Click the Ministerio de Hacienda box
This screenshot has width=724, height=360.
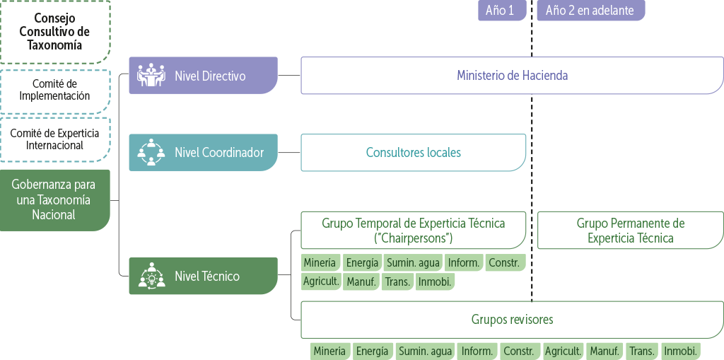[x=512, y=75]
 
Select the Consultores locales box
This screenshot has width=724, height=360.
[x=413, y=152]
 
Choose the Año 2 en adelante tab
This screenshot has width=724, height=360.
[x=590, y=11]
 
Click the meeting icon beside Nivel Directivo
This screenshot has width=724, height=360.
[x=151, y=75]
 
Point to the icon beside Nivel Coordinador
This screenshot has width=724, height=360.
[x=151, y=152]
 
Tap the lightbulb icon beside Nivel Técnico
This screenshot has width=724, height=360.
[x=151, y=276]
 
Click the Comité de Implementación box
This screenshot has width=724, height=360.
[x=54, y=90]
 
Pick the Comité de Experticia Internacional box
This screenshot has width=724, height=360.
[x=54, y=139]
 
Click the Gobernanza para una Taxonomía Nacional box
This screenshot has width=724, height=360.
[x=54, y=199]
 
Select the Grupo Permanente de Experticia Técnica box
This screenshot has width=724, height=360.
[x=630, y=231]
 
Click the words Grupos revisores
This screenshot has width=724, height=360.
[x=512, y=320]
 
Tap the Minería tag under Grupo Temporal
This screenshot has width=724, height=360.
[x=320, y=263]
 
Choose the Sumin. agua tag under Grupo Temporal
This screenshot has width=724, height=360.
[x=413, y=263]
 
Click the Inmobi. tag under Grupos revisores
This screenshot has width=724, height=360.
[x=681, y=351]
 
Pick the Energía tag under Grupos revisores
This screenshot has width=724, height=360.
[x=372, y=351]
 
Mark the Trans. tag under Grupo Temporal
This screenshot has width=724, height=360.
[x=397, y=281]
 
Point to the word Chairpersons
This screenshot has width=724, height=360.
[x=414, y=238]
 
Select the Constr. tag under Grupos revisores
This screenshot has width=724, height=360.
[x=520, y=351]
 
